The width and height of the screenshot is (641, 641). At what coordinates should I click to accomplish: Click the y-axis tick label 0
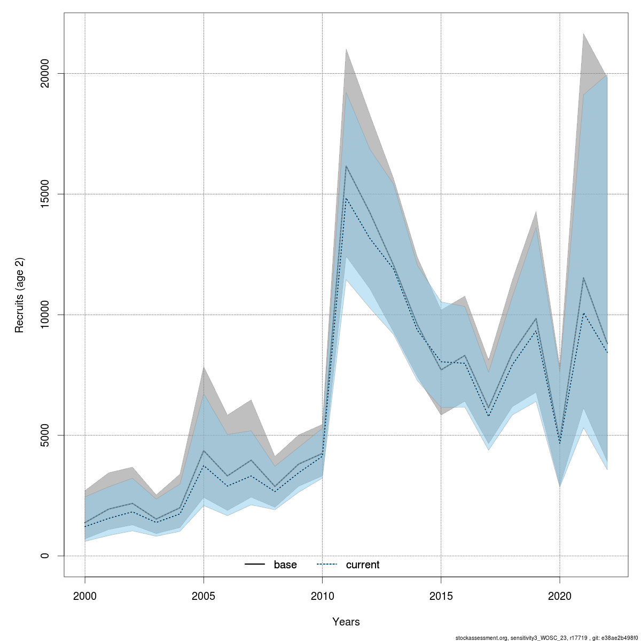[45, 556]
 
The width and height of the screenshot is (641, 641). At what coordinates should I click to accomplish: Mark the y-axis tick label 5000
[45, 435]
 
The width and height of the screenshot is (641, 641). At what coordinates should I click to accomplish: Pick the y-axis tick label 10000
[45, 315]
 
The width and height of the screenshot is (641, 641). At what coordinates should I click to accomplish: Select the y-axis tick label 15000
[45, 194]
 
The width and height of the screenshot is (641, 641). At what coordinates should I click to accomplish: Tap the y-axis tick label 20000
[45, 73]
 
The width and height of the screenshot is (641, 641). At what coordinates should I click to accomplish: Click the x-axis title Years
[346, 622]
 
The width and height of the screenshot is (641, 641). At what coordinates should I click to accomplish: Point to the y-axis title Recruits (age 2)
[20, 295]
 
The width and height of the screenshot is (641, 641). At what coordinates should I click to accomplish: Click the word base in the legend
[285, 565]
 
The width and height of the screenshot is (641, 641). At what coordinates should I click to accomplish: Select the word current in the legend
[363, 565]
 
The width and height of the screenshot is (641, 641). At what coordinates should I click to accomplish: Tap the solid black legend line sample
[255, 565]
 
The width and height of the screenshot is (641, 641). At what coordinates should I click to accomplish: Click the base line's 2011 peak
[346, 166]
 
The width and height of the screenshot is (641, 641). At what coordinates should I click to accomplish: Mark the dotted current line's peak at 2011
[346, 198]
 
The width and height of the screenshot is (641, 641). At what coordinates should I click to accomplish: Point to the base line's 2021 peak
[583, 278]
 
